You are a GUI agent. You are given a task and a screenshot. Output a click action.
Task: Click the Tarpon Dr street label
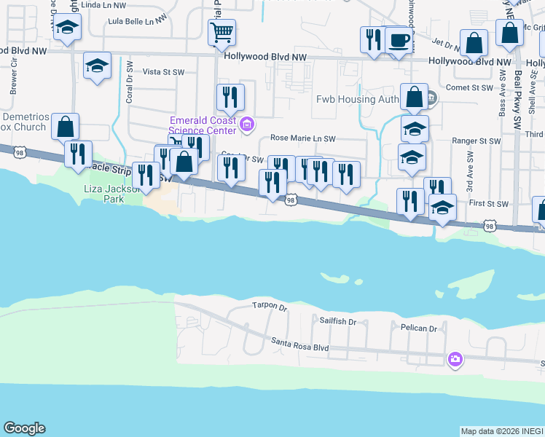tap(270, 306)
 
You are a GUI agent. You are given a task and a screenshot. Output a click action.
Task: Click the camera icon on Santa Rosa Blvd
tap(455, 358)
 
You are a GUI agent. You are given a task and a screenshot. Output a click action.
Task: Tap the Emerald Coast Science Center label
tap(203, 125)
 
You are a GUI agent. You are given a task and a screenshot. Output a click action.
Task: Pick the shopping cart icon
tap(221, 31)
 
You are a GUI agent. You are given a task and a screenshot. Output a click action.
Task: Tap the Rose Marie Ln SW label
tap(302, 138)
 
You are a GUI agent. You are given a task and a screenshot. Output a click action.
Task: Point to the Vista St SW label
tap(161, 72)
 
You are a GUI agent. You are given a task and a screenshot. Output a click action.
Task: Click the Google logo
tap(24, 428)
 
